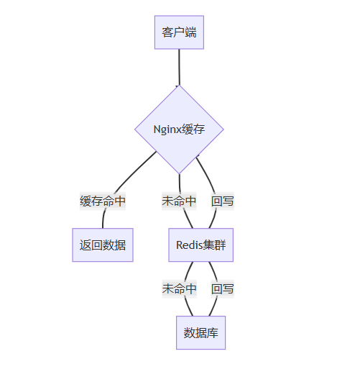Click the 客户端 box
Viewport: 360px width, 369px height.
click(x=179, y=32)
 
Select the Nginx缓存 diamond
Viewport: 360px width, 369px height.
click(x=179, y=129)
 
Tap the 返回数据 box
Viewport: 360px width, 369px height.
click(x=103, y=245)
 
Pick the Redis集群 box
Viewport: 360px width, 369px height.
click(x=201, y=245)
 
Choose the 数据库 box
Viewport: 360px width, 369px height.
click(x=201, y=333)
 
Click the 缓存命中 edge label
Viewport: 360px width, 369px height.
click(x=103, y=201)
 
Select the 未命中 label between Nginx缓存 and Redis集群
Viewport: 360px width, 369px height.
click(x=179, y=201)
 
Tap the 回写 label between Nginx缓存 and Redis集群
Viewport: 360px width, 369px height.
click(x=223, y=201)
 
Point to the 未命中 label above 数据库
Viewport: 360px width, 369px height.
click(x=180, y=289)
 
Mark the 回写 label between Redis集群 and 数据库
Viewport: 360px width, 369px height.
click(x=223, y=289)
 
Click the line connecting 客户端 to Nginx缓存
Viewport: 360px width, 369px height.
click(x=179, y=67)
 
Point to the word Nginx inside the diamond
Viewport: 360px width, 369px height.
click(x=167, y=129)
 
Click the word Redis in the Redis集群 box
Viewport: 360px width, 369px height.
click(x=190, y=245)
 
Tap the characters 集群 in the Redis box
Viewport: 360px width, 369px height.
click(x=214, y=245)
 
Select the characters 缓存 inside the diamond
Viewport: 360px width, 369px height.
click(x=193, y=129)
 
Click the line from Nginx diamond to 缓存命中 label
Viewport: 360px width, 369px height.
click(x=134, y=170)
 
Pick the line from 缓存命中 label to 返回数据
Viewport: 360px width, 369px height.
click(x=103, y=219)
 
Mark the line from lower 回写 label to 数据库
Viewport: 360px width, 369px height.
click(x=213, y=307)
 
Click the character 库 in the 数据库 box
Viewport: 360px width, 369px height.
click(x=213, y=333)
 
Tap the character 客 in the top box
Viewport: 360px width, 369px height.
click(x=167, y=32)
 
